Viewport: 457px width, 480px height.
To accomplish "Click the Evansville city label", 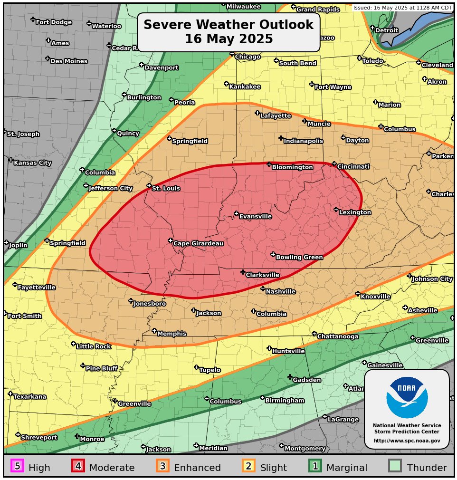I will click(255, 217).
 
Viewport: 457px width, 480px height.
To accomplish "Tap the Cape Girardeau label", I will click(198, 244).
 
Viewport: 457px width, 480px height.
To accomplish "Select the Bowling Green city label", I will click(299, 258).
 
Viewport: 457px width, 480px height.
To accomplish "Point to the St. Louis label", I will click(166, 189).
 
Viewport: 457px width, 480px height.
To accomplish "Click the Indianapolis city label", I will click(303, 141).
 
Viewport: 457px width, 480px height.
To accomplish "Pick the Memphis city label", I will click(171, 334).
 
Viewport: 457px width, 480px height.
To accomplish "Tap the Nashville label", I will click(280, 292).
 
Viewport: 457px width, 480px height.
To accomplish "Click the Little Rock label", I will click(94, 347).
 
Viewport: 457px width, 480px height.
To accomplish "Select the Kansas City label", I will click(32, 163).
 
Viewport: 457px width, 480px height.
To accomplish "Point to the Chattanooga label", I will click(338, 337).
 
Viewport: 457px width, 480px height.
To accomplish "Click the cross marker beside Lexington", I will click(336, 210).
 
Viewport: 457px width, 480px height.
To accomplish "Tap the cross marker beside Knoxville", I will click(358, 294).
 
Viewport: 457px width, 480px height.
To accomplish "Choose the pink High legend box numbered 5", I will click(17, 466).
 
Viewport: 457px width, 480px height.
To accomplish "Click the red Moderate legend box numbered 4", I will click(78, 466).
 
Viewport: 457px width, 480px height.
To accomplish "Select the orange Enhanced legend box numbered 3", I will click(162, 466).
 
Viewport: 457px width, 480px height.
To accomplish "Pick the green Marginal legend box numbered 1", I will click(315, 466).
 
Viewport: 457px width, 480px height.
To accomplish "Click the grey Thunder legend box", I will click(395, 466).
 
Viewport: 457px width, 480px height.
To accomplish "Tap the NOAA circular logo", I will click(407, 397).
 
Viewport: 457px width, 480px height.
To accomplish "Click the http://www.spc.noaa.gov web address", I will click(407, 441).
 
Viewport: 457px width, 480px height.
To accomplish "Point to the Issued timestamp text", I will click(402, 8).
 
